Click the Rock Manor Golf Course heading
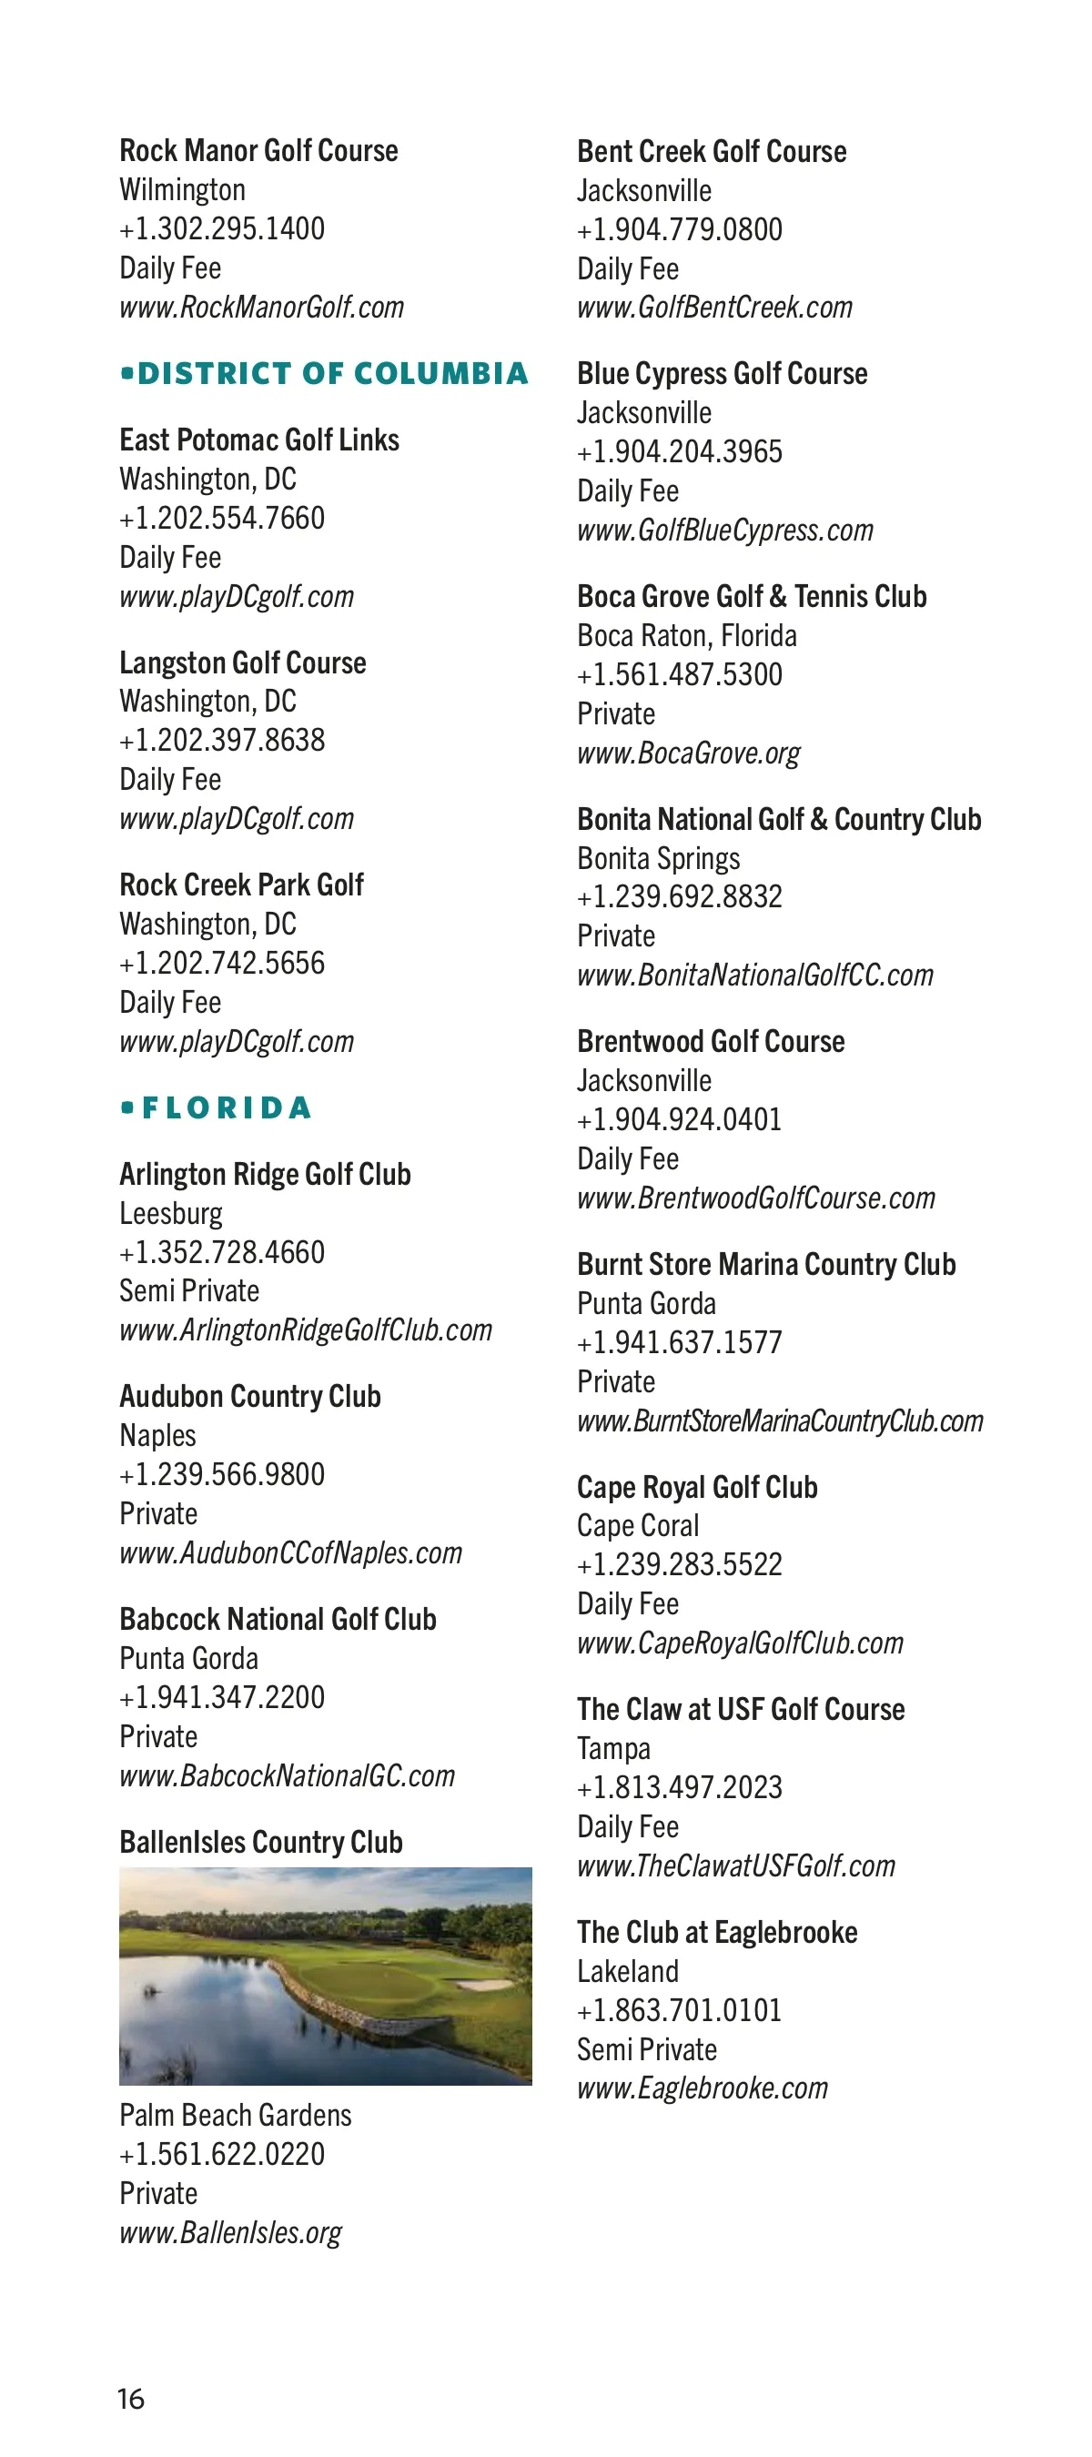[x=258, y=151]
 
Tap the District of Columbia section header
[x=324, y=373]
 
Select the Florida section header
[x=217, y=1107]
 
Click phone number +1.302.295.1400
[x=222, y=229]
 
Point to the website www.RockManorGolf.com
[x=261, y=308]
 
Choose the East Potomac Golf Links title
[x=259, y=440]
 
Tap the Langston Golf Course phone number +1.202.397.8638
[x=222, y=740]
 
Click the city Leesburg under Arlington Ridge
[x=171, y=1213]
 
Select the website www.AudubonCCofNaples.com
[x=291, y=1552]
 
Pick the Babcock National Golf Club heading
[x=278, y=1619]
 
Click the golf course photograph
[x=325, y=1976]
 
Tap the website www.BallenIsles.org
[x=231, y=2233]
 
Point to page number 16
[x=131, y=2399]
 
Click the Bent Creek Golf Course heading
[x=712, y=152]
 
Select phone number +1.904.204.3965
[x=680, y=452]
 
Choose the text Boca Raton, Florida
[x=687, y=635]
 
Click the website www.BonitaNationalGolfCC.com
[x=755, y=975]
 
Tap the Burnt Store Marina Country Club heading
[x=766, y=1264]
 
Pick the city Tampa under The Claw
[x=614, y=1748]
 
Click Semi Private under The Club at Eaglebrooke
[x=647, y=2048]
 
